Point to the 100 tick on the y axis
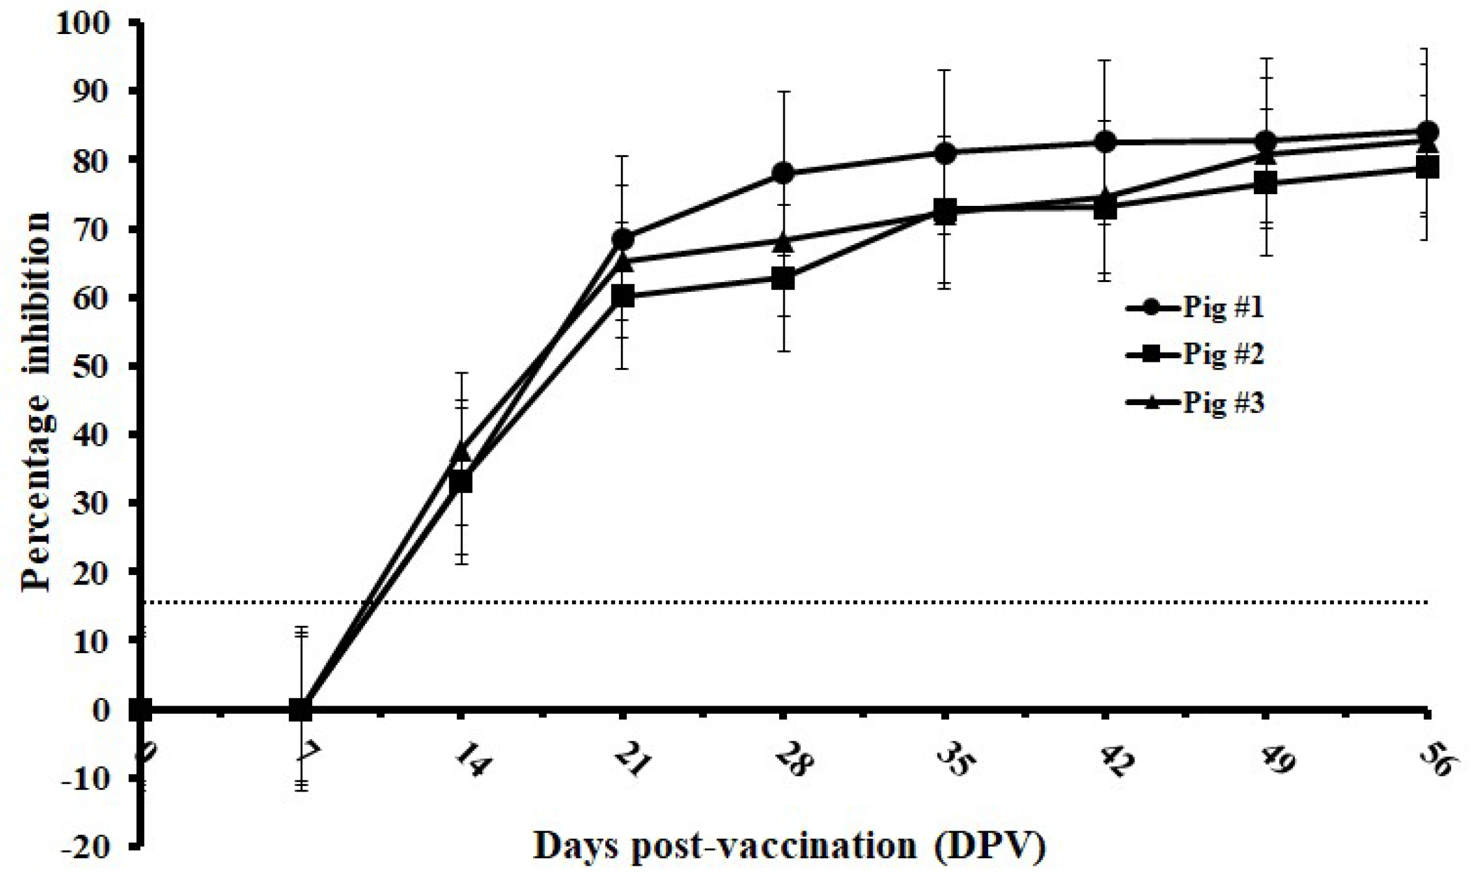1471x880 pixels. pyautogui.click(x=92, y=23)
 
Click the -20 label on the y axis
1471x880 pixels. pyautogui.click(x=86, y=847)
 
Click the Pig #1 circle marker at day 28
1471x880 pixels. pyautogui.click(x=783, y=173)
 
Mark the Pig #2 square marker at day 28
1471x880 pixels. pyautogui.click(x=783, y=279)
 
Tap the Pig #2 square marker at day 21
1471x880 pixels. pyautogui.click(x=623, y=296)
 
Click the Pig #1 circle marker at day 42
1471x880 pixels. pyautogui.click(x=1105, y=142)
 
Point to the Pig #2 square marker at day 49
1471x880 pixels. pyautogui.click(x=1266, y=183)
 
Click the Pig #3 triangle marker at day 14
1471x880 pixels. pyautogui.click(x=461, y=451)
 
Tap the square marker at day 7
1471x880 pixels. pyautogui.click(x=301, y=709)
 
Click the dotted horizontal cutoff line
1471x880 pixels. pyautogui.click(x=804, y=602)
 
